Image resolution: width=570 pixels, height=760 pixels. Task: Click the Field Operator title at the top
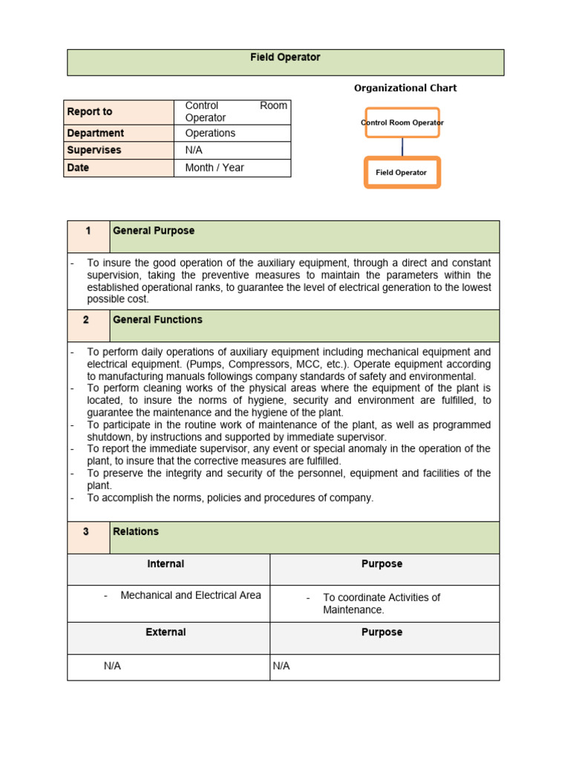click(x=285, y=57)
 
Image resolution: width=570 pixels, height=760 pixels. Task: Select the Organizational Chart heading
click(x=404, y=88)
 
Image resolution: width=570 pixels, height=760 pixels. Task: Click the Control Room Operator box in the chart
click(x=402, y=122)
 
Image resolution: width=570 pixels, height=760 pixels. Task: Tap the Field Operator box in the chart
click(x=402, y=172)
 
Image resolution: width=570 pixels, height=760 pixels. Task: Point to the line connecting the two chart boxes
click(x=402, y=147)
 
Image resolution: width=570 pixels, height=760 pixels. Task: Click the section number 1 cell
click(x=88, y=231)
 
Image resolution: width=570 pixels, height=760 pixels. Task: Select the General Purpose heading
click(x=154, y=231)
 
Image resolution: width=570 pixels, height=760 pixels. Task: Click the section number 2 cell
click(x=87, y=320)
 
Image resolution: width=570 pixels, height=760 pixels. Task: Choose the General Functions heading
click(x=157, y=320)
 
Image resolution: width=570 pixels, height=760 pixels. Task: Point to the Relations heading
click(x=136, y=531)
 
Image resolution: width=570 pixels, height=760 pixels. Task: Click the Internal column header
click(x=166, y=564)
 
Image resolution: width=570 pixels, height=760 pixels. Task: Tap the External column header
click(x=166, y=632)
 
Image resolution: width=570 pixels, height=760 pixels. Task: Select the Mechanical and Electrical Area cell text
click(x=190, y=595)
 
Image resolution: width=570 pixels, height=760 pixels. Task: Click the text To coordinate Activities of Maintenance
click(x=381, y=603)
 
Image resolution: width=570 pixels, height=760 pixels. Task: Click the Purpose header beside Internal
click(x=381, y=564)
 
